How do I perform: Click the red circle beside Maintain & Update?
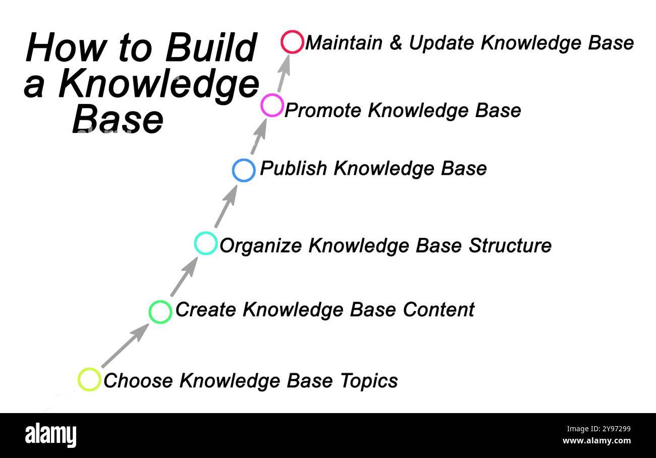(x=292, y=42)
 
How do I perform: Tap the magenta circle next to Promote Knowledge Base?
(x=272, y=106)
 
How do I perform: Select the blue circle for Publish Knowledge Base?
(x=244, y=170)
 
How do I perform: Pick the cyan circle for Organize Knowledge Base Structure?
(x=205, y=243)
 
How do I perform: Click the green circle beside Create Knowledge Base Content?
(x=160, y=312)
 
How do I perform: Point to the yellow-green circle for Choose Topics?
(x=89, y=379)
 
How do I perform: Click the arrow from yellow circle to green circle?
(x=125, y=346)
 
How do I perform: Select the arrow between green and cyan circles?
(x=183, y=277)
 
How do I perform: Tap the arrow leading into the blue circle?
(x=226, y=206)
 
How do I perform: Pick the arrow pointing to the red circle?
(x=284, y=73)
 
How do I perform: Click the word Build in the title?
(x=210, y=48)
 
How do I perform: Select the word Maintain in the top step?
(x=344, y=43)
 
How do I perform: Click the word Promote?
(x=323, y=111)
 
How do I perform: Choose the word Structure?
(x=510, y=245)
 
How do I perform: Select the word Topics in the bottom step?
(x=369, y=381)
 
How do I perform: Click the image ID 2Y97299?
(x=597, y=429)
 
